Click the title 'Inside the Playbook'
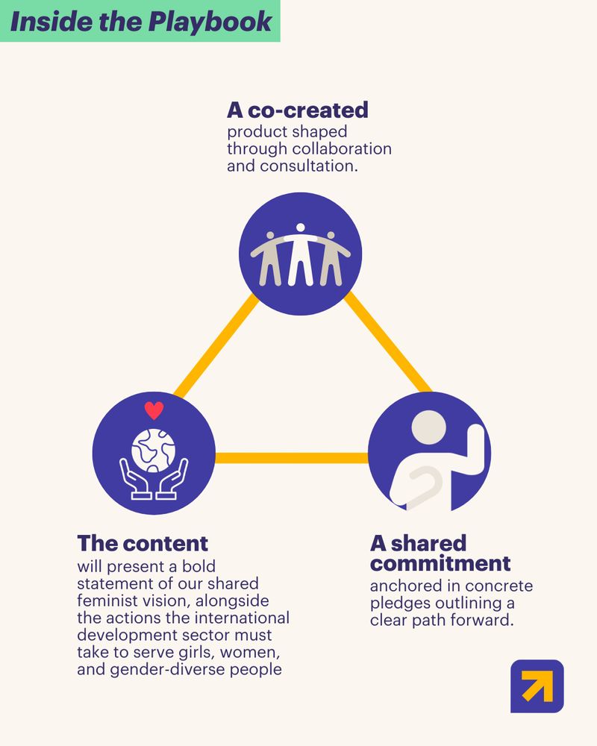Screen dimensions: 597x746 (141, 22)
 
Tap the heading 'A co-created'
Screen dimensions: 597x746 (298, 110)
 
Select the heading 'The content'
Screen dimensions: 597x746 (143, 543)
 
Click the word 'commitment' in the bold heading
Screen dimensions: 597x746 (440, 564)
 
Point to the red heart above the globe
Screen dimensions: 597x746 (154, 410)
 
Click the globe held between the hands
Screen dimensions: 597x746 (153, 450)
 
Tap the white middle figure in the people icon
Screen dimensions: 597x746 (301, 254)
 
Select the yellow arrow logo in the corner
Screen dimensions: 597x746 (537, 686)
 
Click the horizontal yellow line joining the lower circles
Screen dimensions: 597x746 (291, 458)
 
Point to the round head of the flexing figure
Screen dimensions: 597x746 (428, 427)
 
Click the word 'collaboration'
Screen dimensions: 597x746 (342, 148)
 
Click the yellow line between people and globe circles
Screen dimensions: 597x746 (216, 346)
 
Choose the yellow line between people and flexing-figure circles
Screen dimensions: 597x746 (387, 342)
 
